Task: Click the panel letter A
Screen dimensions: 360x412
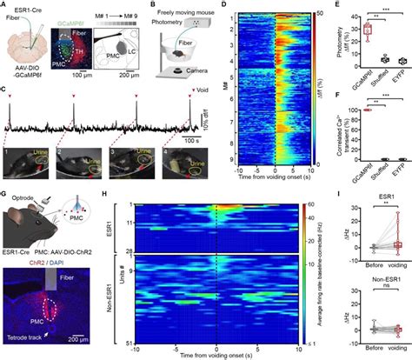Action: [4, 5]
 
